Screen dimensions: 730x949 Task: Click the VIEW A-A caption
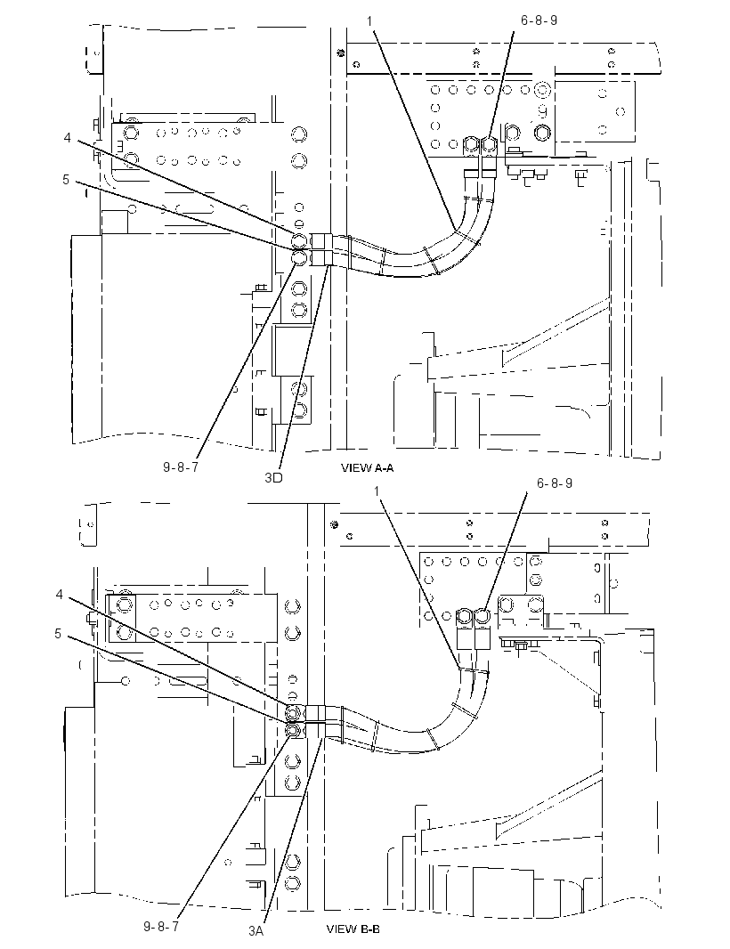point(368,468)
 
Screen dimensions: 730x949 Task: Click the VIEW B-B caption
point(353,929)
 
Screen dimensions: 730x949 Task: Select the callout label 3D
point(273,477)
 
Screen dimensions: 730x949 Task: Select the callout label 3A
point(255,931)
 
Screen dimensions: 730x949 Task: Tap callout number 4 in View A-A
point(67,138)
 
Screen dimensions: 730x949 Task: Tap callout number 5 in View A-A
point(66,180)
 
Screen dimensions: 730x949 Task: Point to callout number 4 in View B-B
point(60,595)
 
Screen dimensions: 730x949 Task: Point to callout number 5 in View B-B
point(58,634)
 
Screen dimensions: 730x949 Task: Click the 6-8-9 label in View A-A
point(539,20)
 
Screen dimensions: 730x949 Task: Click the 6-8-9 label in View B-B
point(554,483)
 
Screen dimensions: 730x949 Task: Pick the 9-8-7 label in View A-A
point(181,468)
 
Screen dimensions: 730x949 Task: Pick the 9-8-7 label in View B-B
point(161,927)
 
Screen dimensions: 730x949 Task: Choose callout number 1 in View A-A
point(369,20)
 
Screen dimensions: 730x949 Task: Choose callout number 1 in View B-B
point(377,491)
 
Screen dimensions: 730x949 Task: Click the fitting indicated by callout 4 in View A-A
point(299,242)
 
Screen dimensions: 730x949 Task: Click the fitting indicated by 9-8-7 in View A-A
point(299,258)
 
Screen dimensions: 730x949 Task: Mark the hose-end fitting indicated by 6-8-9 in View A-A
point(489,145)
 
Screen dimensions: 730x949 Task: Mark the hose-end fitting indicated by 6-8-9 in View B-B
point(483,617)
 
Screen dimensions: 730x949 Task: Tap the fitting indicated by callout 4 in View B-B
point(294,712)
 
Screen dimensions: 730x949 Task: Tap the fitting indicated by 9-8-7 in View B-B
point(294,731)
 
